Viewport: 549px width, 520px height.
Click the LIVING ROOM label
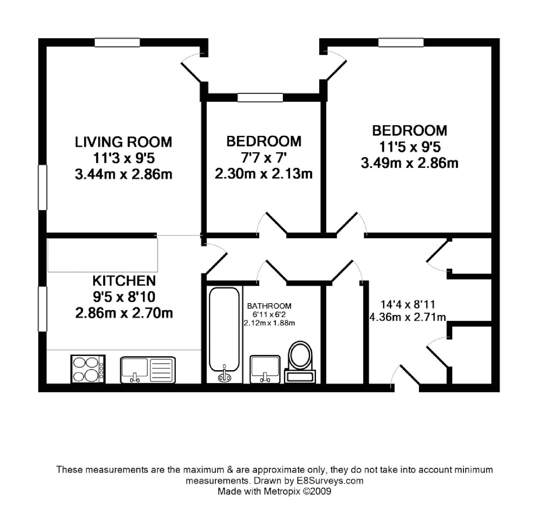(x=124, y=142)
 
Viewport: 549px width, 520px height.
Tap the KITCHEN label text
(x=124, y=281)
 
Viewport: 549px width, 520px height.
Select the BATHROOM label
(x=269, y=306)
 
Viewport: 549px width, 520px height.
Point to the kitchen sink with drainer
(x=148, y=370)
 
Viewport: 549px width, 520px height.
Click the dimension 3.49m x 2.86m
(x=409, y=163)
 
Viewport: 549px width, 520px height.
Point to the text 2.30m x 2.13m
(x=263, y=174)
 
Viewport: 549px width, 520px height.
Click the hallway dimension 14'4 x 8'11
(x=408, y=304)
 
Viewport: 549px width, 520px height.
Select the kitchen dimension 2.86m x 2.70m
(x=124, y=313)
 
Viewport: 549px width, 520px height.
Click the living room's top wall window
(x=118, y=42)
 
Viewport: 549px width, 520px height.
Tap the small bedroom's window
(x=260, y=97)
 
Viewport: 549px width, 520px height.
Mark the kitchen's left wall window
(x=42, y=309)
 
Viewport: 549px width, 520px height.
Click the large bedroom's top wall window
(x=401, y=42)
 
